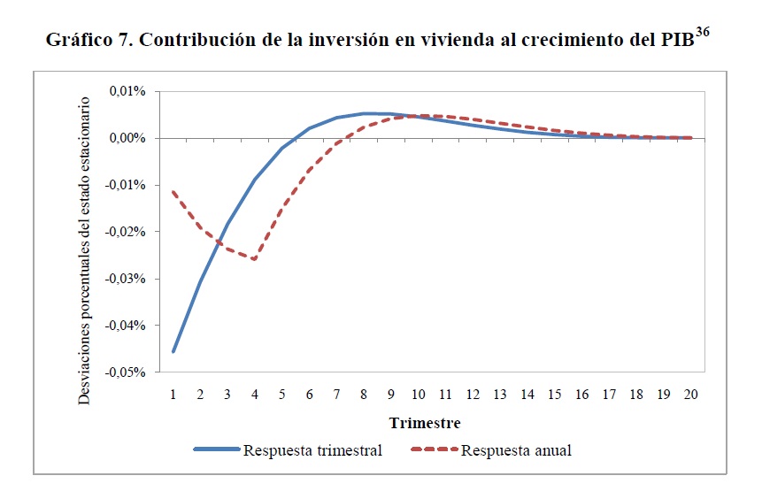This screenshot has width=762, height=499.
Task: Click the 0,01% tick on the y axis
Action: pos(127,91)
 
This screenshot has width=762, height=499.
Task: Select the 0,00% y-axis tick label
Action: pos(127,138)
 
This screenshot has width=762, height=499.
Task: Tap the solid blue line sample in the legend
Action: pos(216,450)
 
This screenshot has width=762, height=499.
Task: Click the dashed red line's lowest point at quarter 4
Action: pos(255,259)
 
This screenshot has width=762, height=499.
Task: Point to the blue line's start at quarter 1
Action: pos(173,351)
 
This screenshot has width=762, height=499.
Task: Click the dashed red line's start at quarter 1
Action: pos(173,191)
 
